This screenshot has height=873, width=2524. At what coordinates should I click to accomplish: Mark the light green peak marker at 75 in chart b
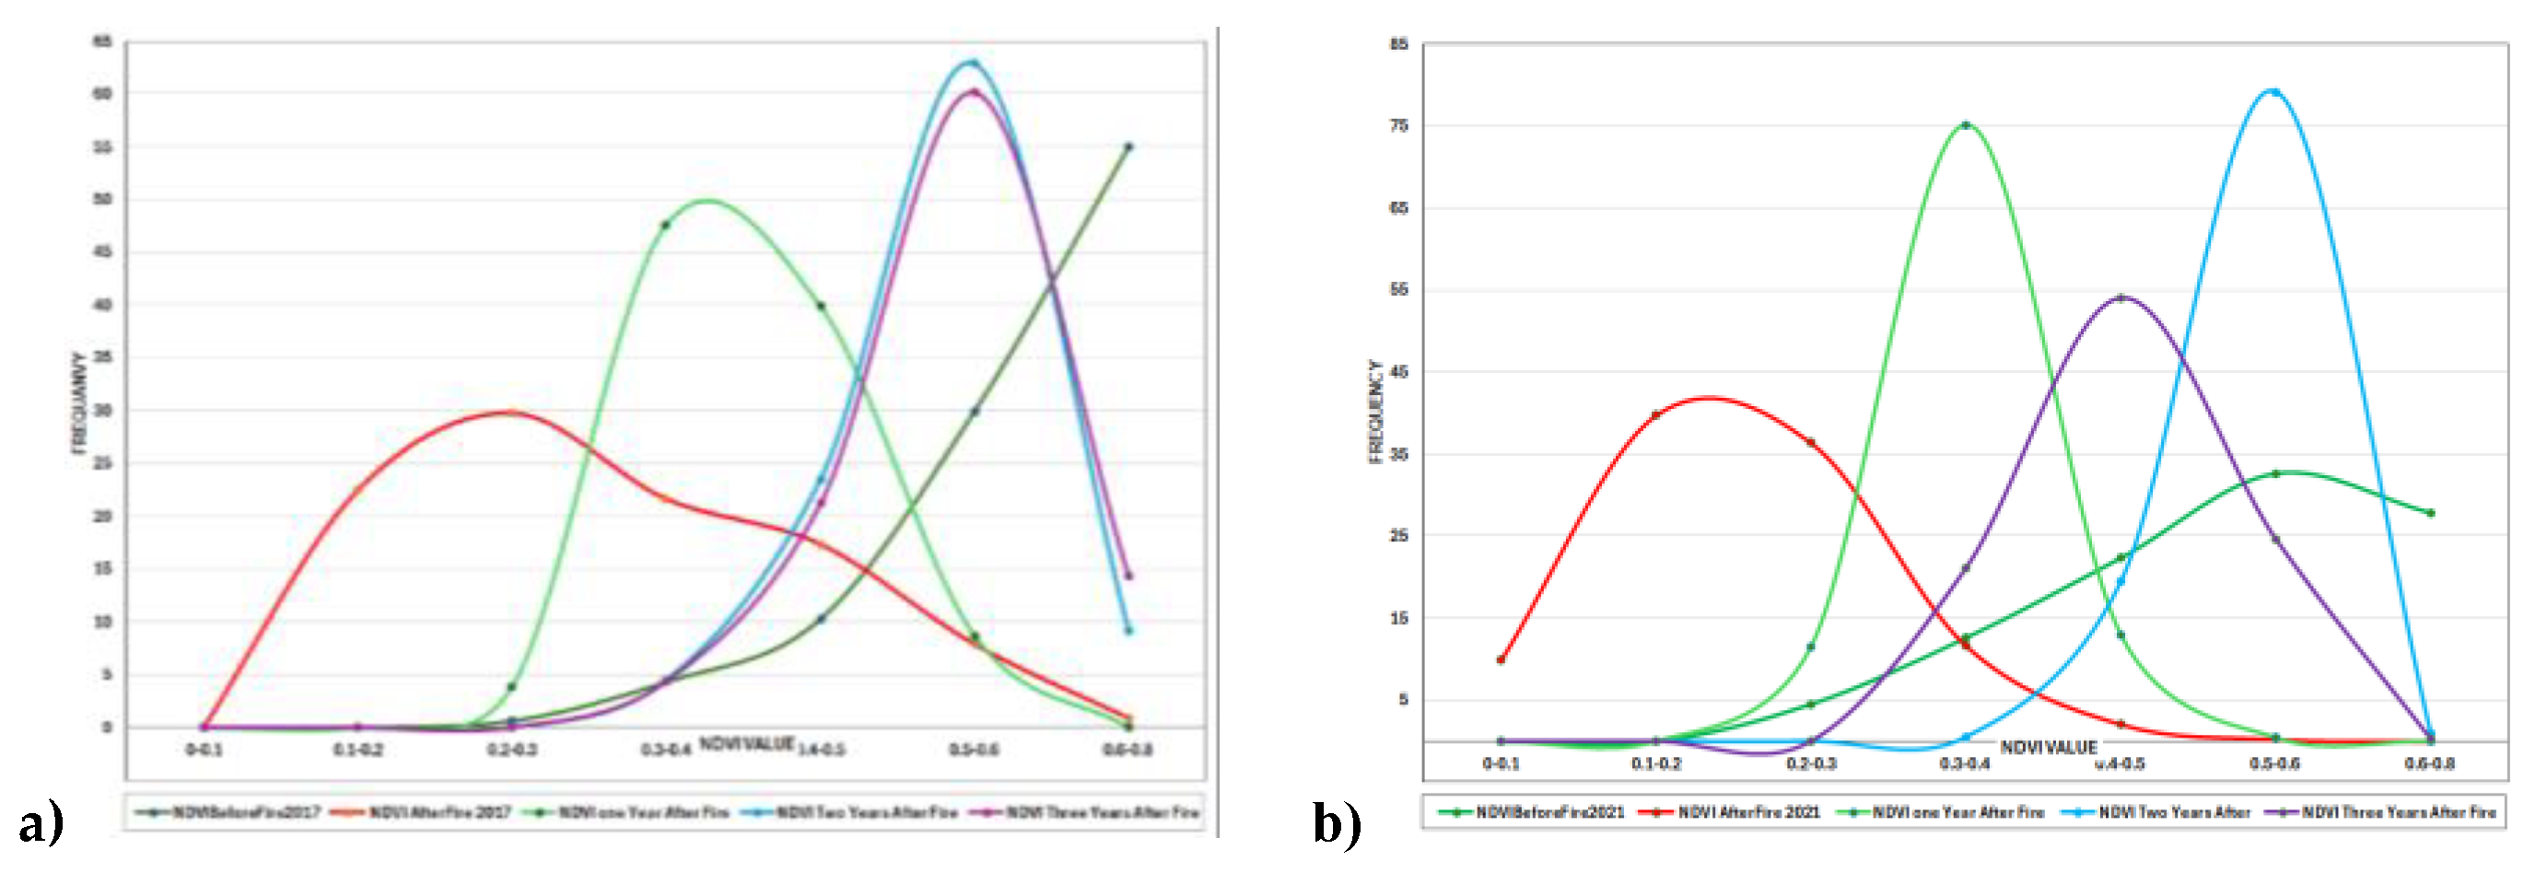[1966, 125]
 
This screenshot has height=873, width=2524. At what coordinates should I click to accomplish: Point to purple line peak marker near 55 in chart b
[2121, 297]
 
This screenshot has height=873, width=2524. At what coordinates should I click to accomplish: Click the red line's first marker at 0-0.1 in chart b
[1500, 659]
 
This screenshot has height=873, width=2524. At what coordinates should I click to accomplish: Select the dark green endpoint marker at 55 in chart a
[1128, 147]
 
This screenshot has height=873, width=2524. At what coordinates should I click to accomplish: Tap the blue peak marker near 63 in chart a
[973, 63]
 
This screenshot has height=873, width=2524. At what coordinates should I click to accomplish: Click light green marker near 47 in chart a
[665, 226]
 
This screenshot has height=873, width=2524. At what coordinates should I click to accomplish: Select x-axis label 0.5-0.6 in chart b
[2274, 763]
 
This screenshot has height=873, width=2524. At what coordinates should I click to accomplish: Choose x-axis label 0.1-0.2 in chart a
[357, 750]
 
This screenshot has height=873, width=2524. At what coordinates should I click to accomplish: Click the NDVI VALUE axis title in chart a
[747, 744]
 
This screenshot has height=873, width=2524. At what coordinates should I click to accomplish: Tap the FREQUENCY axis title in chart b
[1376, 412]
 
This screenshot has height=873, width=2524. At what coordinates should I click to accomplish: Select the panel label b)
[1337, 823]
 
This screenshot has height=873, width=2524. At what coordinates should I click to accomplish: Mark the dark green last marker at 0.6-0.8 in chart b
[2430, 512]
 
